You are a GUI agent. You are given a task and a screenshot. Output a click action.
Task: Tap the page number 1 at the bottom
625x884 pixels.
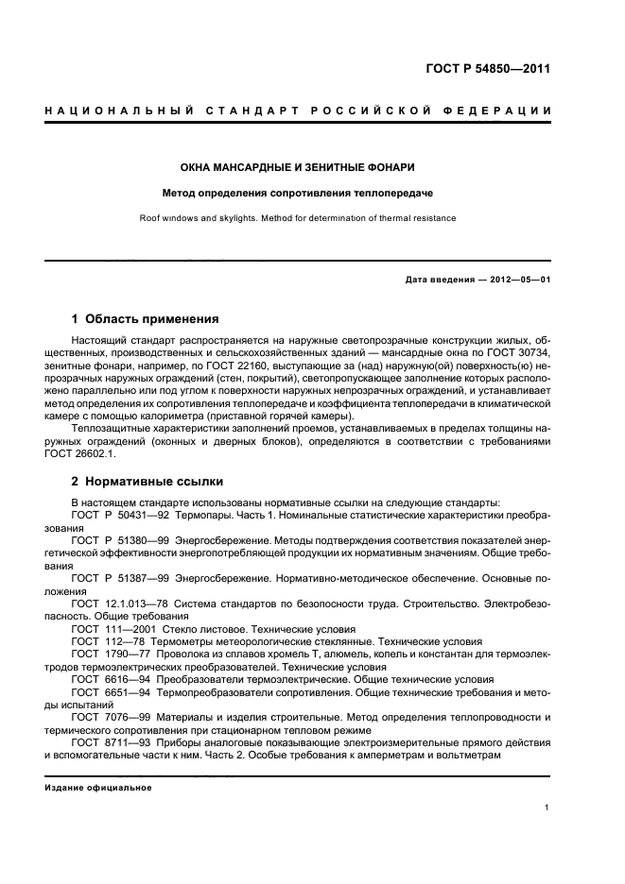tap(547, 807)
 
